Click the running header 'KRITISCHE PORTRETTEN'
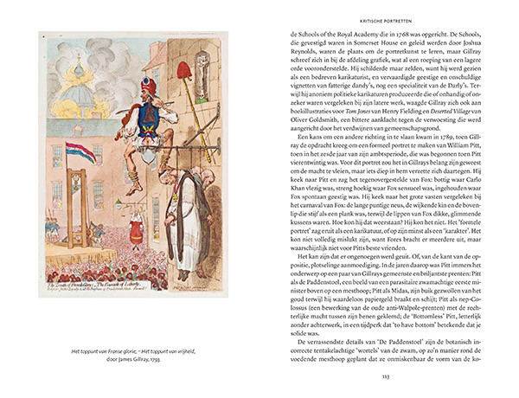point(384,18)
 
